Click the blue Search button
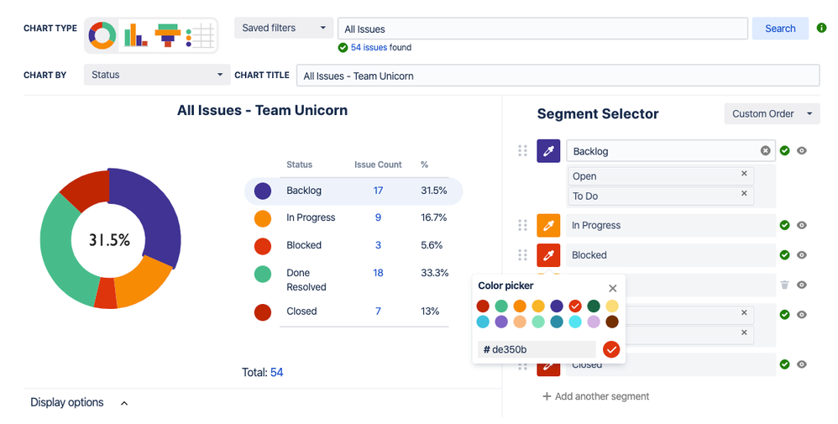tap(779, 29)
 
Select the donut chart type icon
tap(102, 35)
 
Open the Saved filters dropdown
tap(283, 29)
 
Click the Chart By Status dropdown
tap(156, 75)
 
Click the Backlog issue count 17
tap(378, 191)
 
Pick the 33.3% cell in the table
tap(434, 273)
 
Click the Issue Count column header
tap(378, 165)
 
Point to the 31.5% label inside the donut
tap(110, 240)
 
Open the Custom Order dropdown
tap(771, 113)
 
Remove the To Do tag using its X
tap(744, 194)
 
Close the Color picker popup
tap(612, 287)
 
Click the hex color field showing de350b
tap(537, 349)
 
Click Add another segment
tap(596, 396)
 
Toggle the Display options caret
tap(124, 403)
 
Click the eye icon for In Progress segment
tap(802, 225)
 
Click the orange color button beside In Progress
tap(548, 225)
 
